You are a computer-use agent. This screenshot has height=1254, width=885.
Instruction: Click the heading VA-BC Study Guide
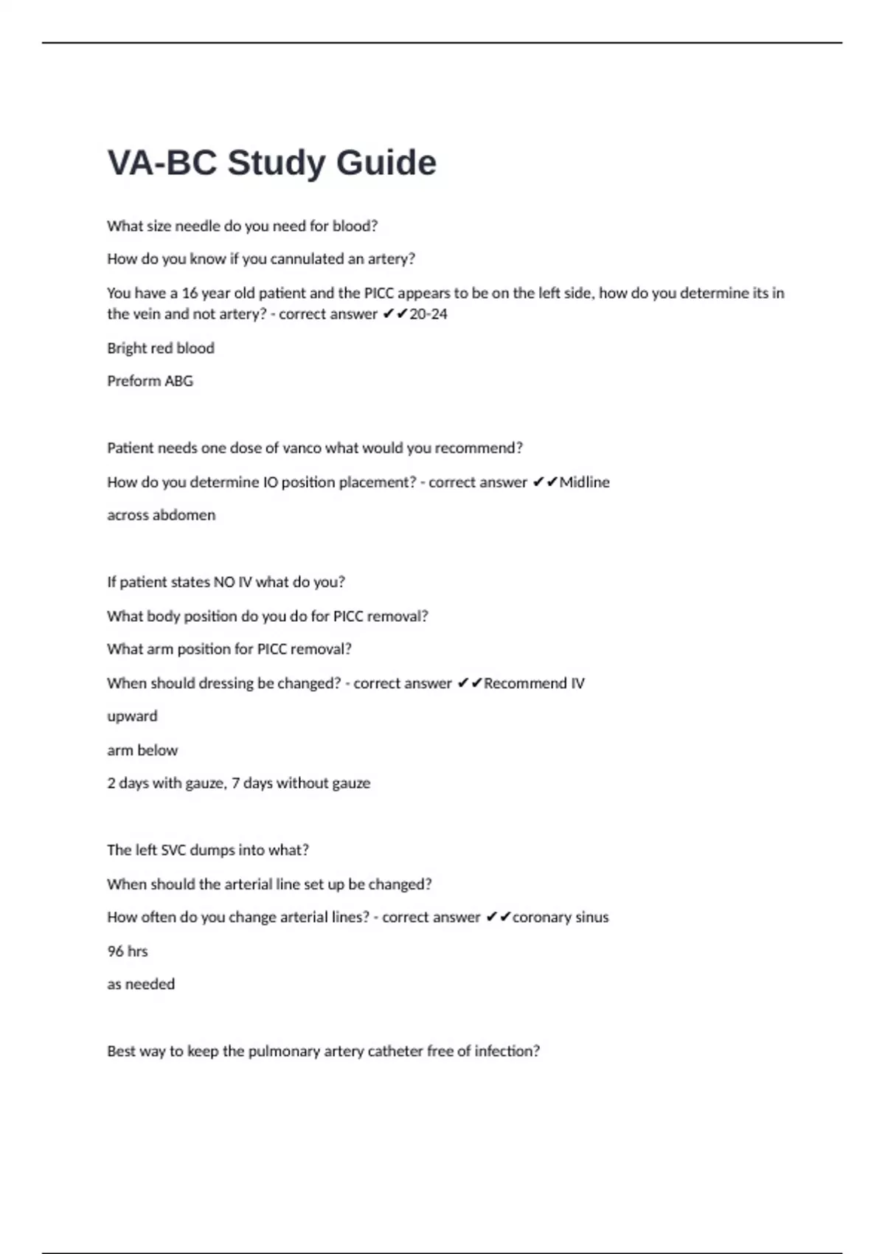click(x=271, y=163)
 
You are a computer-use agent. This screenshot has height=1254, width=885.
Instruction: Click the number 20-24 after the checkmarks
click(x=428, y=314)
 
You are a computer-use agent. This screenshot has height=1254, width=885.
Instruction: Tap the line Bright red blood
click(x=161, y=348)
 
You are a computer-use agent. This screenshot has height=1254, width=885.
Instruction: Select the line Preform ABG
click(x=150, y=381)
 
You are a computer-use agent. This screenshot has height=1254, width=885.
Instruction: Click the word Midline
click(x=584, y=482)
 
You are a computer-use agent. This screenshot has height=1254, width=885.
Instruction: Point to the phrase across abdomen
click(x=161, y=516)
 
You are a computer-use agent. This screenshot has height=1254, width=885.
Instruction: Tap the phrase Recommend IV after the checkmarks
click(x=534, y=684)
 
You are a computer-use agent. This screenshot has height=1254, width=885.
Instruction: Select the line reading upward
click(x=132, y=716)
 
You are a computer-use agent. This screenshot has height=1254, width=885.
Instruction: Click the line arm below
click(x=142, y=750)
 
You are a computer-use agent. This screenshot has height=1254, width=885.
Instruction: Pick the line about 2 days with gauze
click(x=238, y=783)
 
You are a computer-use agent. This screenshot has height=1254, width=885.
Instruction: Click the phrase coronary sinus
click(x=560, y=918)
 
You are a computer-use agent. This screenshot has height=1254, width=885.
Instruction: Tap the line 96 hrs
click(x=128, y=952)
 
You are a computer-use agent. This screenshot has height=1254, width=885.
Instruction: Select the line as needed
click(x=141, y=985)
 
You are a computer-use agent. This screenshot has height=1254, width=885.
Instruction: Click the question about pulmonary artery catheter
click(x=323, y=1051)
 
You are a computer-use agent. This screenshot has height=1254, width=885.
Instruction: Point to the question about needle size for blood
click(x=242, y=226)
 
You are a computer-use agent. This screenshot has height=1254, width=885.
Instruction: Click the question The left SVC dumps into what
click(x=208, y=851)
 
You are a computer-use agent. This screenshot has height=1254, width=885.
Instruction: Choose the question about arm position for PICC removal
click(x=229, y=649)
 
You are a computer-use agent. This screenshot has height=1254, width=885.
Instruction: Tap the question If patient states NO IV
click(x=226, y=582)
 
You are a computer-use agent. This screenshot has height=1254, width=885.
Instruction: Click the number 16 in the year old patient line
click(x=190, y=294)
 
